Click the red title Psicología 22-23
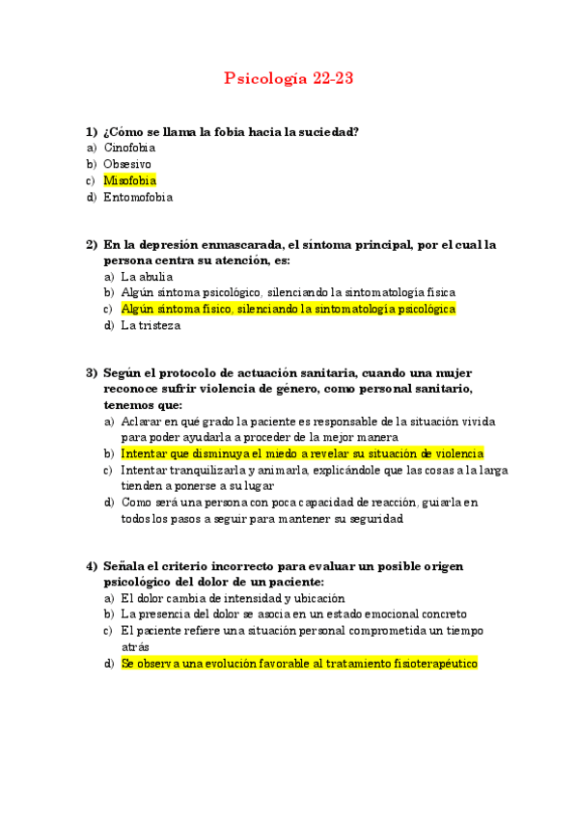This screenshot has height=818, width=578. [x=289, y=79]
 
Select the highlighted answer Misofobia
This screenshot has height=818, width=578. [x=129, y=180]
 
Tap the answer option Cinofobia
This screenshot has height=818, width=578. [x=129, y=148]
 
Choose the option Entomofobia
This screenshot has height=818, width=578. [x=138, y=197]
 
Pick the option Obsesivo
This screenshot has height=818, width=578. [x=127, y=164]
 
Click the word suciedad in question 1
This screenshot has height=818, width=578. [x=328, y=131]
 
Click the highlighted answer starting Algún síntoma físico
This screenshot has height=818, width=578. [x=288, y=309]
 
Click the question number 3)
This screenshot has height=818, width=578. [x=92, y=372]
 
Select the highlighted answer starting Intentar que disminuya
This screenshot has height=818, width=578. [x=302, y=453]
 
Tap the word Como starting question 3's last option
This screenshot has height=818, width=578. [x=136, y=503]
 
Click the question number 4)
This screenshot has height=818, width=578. [x=92, y=566]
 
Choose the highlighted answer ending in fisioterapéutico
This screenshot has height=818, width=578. [x=299, y=664]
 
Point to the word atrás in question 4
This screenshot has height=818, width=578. [x=135, y=647]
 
